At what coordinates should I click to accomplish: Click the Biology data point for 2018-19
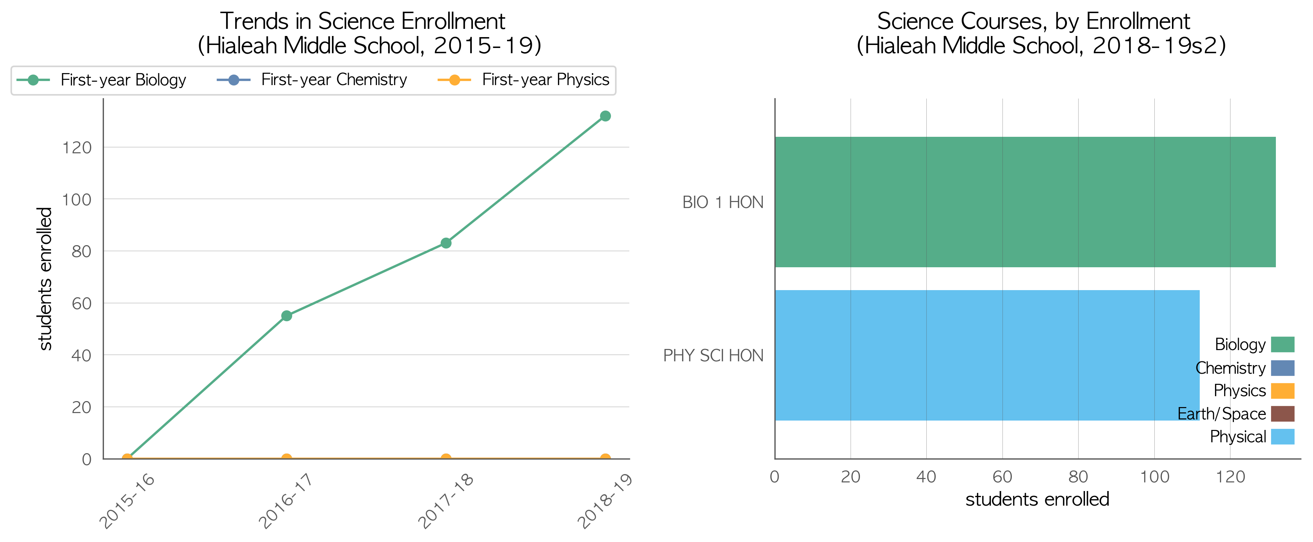[605, 116]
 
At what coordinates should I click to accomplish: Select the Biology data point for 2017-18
[446, 243]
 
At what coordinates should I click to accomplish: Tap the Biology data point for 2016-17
[287, 316]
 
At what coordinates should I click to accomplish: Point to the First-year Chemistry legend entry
[312, 80]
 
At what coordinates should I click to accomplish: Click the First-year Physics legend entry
[524, 80]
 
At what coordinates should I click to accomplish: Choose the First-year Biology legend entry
[101, 80]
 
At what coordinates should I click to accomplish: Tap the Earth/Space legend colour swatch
[1282, 414]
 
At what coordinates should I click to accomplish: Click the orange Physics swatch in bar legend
[1282, 391]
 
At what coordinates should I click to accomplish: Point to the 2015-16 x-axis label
[126, 501]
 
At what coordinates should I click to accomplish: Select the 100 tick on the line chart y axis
[77, 200]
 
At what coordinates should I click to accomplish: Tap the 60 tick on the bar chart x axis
[1002, 477]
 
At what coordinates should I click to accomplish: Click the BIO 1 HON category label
[723, 202]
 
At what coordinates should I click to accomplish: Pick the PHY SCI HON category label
[713, 356]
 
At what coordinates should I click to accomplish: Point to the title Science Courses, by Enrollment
[1033, 21]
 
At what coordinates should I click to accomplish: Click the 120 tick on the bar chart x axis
[1230, 477]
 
